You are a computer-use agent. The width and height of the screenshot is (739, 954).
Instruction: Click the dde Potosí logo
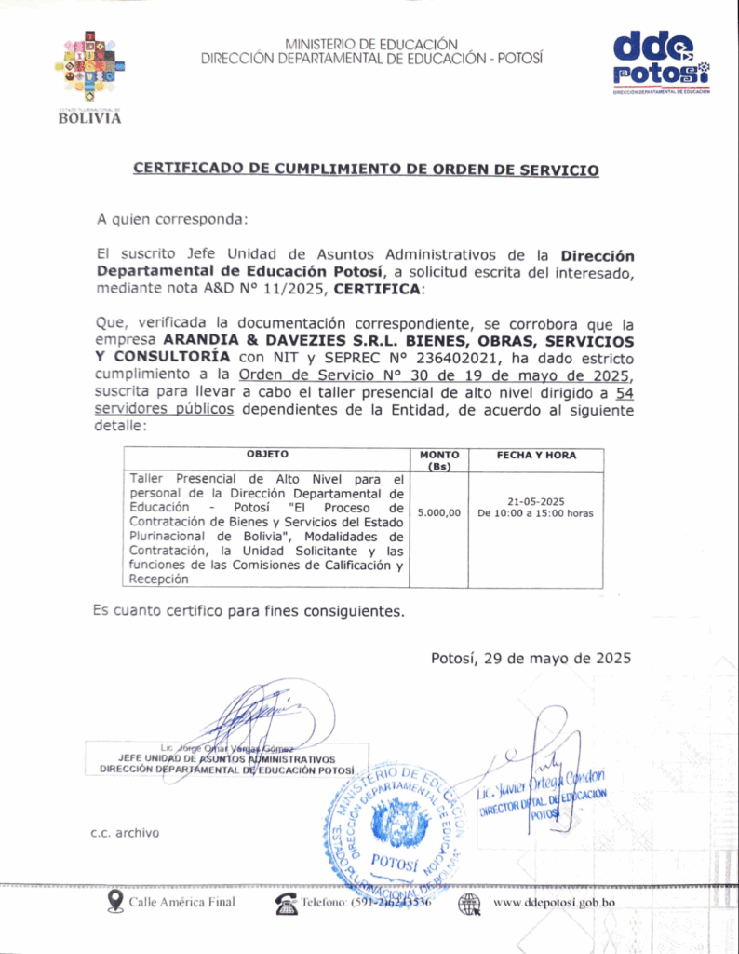pyautogui.click(x=662, y=62)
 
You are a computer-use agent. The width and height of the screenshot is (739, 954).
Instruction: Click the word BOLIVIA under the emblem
pyautogui.click(x=89, y=118)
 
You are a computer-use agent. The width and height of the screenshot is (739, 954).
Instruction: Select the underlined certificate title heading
pyautogui.click(x=366, y=170)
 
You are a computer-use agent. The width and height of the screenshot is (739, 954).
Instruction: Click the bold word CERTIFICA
pyautogui.click(x=377, y=290)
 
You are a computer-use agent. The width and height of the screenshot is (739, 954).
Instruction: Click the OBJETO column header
pyautogui.click(x=267, y=456)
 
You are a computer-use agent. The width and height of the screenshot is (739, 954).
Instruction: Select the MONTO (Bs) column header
pyautogui.click(x=439, y=459)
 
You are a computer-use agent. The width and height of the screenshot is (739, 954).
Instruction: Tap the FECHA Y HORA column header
pyautogui.click(x=536, y=456)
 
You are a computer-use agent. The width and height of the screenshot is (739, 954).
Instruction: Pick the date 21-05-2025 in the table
pyautogui.click(x=536, y=500)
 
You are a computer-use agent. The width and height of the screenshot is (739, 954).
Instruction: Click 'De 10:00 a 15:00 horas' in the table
pyautogui.click(x=536, y=513)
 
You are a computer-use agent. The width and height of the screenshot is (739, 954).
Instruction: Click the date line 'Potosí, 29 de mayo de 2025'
pyautogui.click(x=531, y=658)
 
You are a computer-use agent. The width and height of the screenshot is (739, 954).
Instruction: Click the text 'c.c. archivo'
pyautogui.click(x=125, y=832)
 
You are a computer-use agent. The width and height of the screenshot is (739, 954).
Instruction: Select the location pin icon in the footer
pyautogui.click(x=115, y=901)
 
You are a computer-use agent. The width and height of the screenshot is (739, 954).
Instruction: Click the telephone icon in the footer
pyautogui.click(x=285, y=902)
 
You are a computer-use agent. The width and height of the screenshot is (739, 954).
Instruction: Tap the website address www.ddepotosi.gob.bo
pyautogui.click(x=554, y=902)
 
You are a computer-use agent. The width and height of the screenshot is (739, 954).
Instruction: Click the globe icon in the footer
pyautogui.click(x=470, y=902)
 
